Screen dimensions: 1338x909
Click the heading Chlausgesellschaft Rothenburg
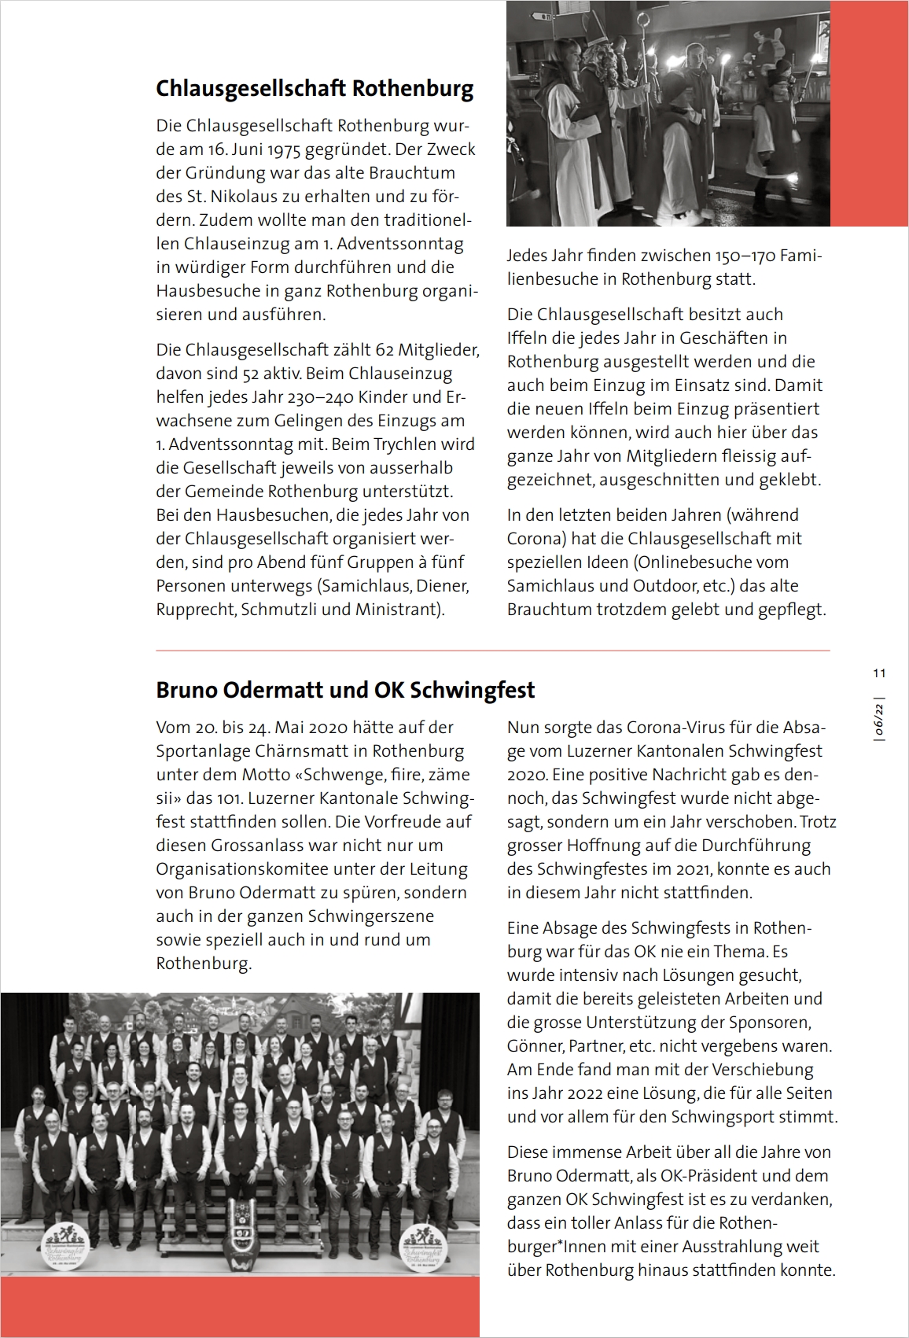315,88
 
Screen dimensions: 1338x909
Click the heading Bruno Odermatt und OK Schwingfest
345,690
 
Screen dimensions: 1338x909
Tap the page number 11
879,673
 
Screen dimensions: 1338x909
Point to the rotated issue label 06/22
880,720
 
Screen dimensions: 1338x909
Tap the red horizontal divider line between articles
493,651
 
